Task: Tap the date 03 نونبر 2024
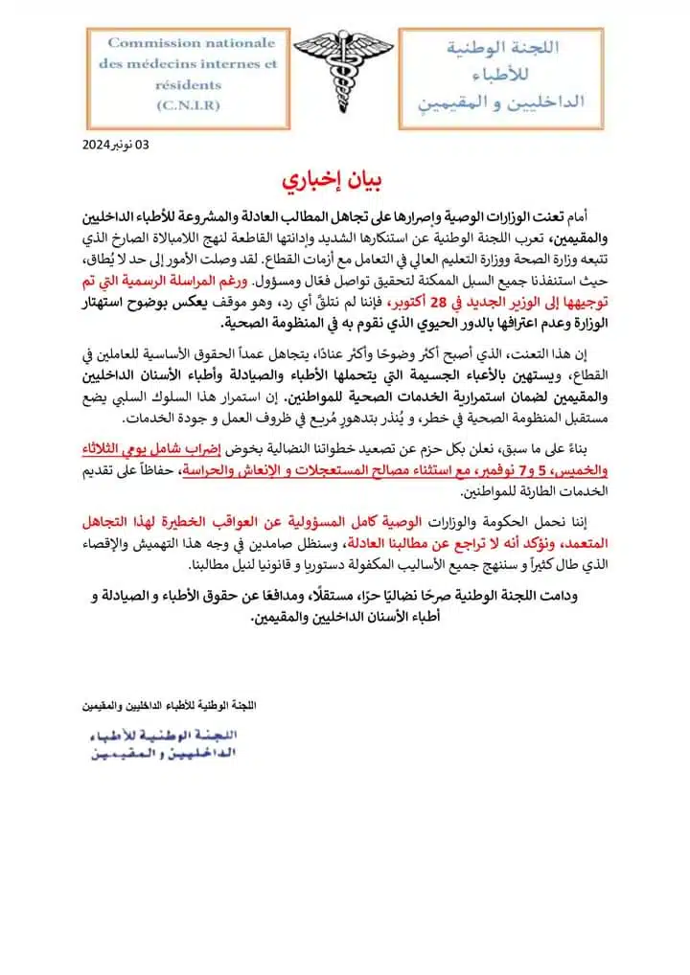pyautogui.click(x=116, y=146)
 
